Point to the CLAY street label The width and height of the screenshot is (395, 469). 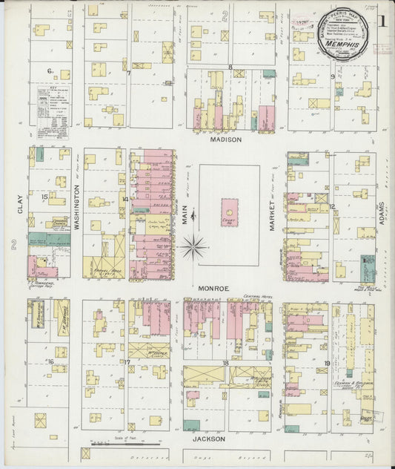click(x=20, y=205)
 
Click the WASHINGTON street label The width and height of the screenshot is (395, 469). click(x=77, y=209)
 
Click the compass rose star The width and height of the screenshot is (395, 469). click(x=192, y=246)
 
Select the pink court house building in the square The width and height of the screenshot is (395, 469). click(x=230, y=213)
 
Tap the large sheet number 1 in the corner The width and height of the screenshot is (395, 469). click(x=382, y=20)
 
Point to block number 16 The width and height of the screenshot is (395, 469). click(x=50, y=361)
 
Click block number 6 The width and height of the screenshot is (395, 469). click(x=50, y=70)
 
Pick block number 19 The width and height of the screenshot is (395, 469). click(x=326, y=363)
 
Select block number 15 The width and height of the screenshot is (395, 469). click(x=45, y=197)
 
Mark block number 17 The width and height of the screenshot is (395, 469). click(x=127, y=362)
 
